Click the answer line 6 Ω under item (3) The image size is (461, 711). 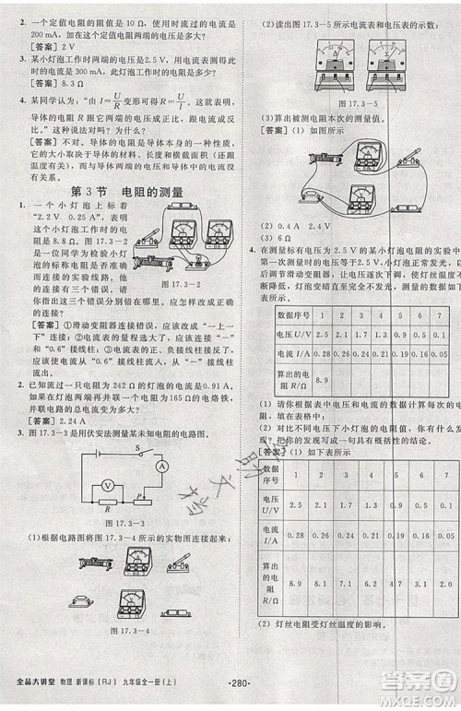(261, 236)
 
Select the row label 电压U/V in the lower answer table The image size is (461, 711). (265, 506)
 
